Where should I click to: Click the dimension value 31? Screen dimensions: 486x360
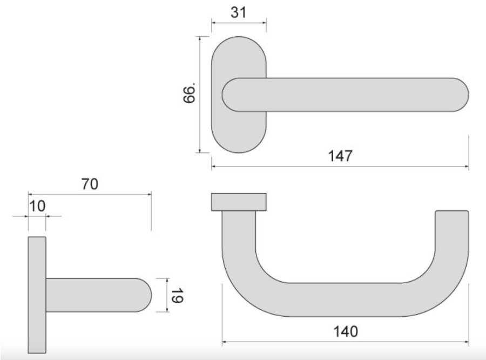click(x=238, y=12)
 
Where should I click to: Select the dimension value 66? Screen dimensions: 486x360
click(x=189, y=93)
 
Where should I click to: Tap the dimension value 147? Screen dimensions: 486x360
click(x=340, y=156)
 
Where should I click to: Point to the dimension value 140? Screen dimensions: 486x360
click(x=346, y=331)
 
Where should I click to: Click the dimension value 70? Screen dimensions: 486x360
click(x=90, y=184)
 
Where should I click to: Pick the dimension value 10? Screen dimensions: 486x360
click(x=37, y=206)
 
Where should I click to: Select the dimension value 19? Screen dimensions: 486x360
click(x=177, y=296)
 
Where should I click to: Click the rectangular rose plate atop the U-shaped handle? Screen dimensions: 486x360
click(x=239, y=202)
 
